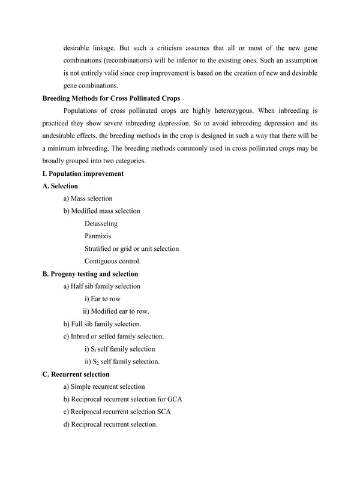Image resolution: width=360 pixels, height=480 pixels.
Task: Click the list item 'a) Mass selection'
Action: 88,199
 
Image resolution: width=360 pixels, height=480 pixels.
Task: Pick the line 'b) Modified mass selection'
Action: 101,211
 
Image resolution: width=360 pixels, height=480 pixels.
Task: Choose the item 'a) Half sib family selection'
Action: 101,286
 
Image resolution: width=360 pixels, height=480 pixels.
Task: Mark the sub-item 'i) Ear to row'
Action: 104,299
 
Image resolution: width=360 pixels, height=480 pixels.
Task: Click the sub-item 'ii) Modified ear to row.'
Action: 116,311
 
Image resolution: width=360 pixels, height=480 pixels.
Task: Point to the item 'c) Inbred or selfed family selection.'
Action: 113,337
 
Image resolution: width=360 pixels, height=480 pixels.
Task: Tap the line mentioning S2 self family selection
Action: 122,362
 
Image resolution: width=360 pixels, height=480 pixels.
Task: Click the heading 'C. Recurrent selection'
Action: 76,374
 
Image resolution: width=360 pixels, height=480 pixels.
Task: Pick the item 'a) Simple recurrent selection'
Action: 104,387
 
